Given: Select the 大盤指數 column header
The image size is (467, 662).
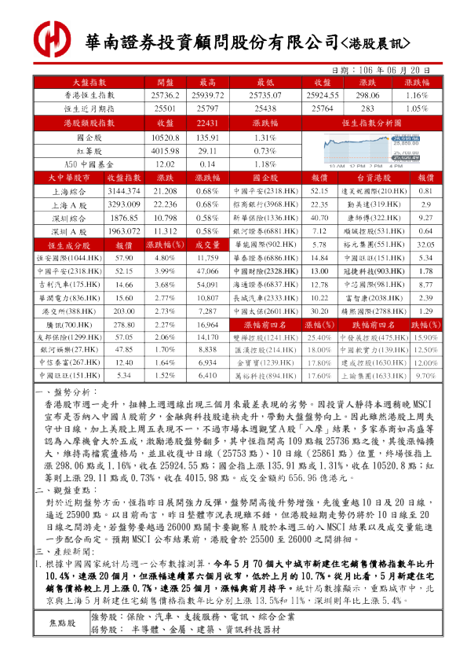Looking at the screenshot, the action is pyautogui.click(x=89, y=82).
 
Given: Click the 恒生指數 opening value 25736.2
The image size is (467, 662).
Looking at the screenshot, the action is pyautogui.click(x=165, y=94).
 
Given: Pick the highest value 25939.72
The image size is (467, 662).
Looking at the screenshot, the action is pyautogui.click(x=207, y=94).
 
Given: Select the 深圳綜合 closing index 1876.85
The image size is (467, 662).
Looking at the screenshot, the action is pyautogui.click(x=124, y=218).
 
